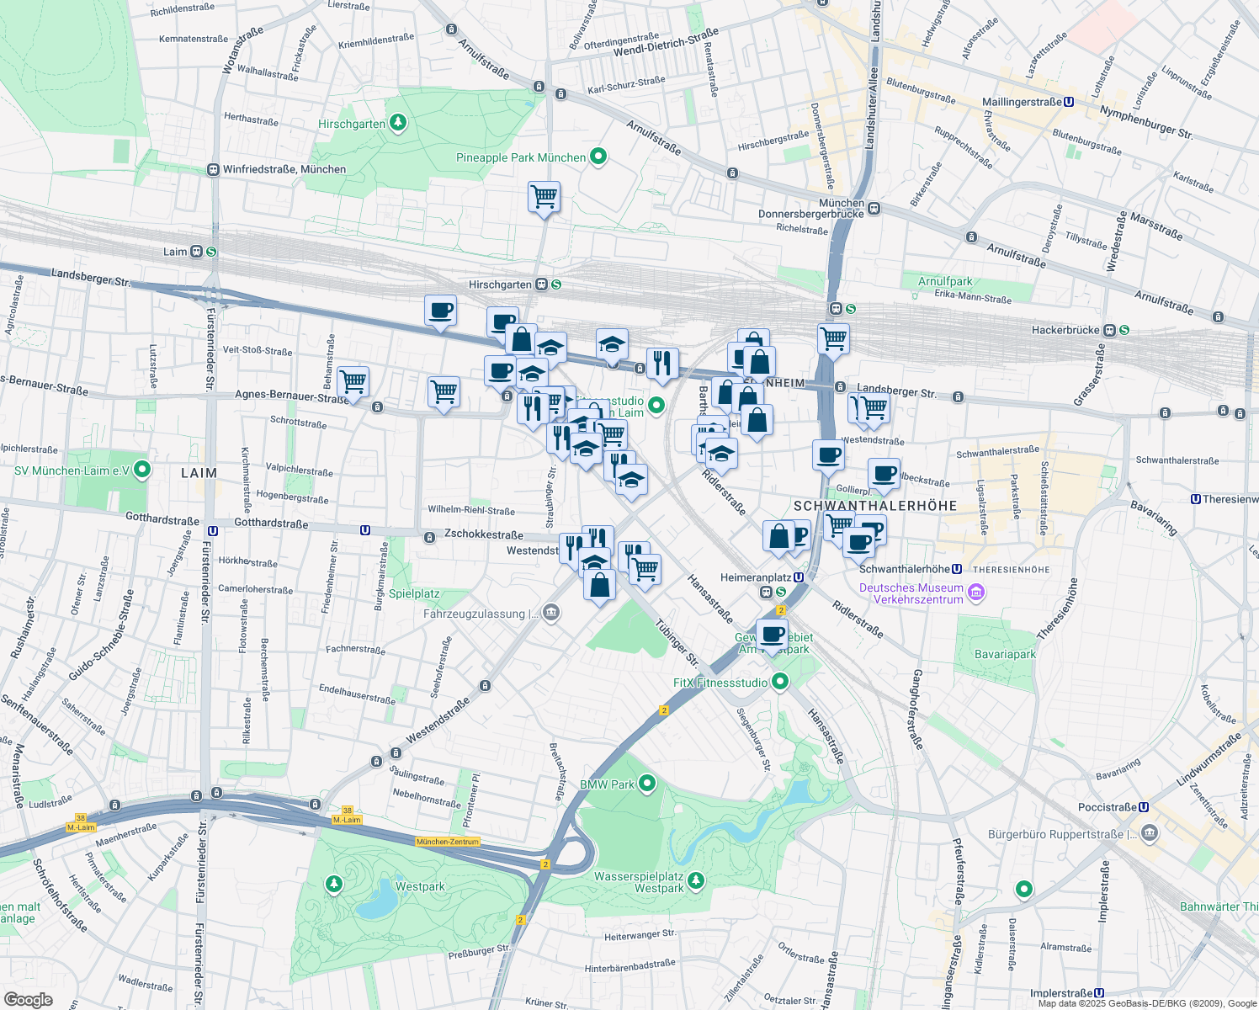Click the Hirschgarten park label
352,125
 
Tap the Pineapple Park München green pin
598,157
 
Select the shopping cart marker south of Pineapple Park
545,198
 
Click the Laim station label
175,252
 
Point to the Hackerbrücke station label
1065,331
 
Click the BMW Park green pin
646,784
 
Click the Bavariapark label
1005,654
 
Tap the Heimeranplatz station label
755,577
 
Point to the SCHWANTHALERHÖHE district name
875,506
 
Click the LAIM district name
199,473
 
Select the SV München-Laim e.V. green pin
142,470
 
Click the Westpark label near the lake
420,886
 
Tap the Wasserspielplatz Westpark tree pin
695,881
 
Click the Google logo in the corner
29,999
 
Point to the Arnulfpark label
945,282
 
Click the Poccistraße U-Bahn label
1107,807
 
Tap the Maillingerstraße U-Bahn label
1022,102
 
